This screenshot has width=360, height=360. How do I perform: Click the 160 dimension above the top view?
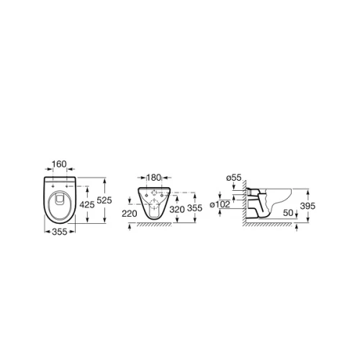59,164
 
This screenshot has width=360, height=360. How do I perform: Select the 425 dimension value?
87,204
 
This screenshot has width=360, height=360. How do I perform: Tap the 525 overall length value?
104,200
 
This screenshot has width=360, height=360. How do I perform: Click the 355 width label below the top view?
60,232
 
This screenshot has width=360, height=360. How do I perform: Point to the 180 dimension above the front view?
153,178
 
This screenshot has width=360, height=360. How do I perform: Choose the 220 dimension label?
130,213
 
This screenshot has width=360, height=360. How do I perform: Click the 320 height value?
177,210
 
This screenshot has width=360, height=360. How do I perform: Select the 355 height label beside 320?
194,208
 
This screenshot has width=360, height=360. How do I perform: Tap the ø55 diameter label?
234,178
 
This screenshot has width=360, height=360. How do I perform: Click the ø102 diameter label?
220,204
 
